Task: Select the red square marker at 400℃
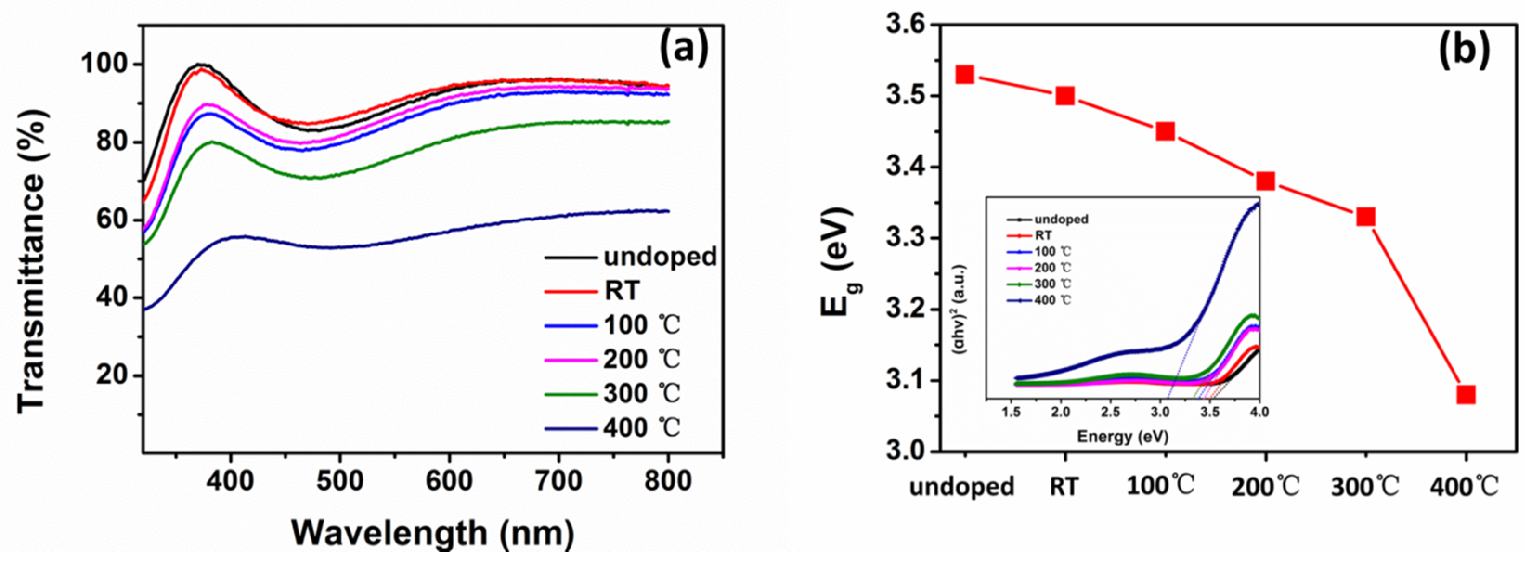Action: click(1466, 394)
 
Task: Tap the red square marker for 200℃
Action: click(1265, 181)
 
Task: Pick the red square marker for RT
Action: click(1065, 96)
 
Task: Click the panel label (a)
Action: click(684, 49)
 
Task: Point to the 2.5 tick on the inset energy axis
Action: click(1110, 411)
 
